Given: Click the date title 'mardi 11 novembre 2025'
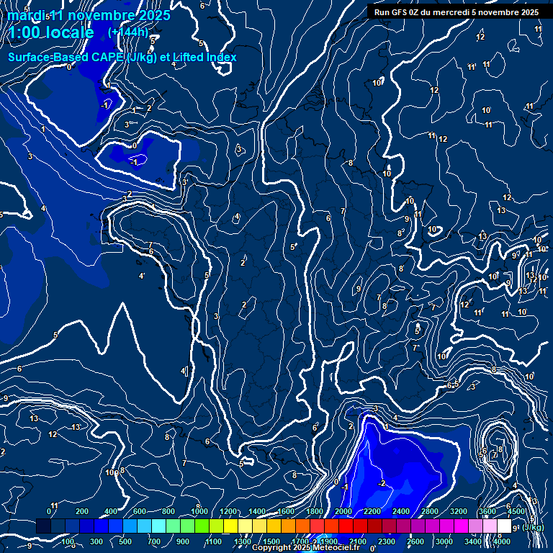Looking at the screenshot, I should point(89,15).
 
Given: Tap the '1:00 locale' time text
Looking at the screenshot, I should point(51,32).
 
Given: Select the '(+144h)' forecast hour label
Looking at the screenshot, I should point(128,32).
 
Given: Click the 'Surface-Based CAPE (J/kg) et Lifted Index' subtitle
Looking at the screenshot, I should point(122,57).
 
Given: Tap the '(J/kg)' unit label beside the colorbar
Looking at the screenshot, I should point(533,527).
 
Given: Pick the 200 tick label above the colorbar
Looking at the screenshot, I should point(81,511).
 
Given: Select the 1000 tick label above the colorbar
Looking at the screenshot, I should point(199,511).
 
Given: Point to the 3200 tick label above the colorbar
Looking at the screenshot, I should point(458,511).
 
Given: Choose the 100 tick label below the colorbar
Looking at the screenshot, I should point(67,541).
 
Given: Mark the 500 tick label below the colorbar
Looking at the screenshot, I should point(125,541).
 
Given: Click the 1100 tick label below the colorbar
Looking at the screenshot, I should point(214,541).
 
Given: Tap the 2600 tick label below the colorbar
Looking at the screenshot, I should point(415,541).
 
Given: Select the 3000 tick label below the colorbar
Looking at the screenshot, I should point(444,541).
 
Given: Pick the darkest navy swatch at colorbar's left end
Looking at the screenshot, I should point(44,526).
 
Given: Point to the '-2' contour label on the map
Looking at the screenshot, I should point(382,483).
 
